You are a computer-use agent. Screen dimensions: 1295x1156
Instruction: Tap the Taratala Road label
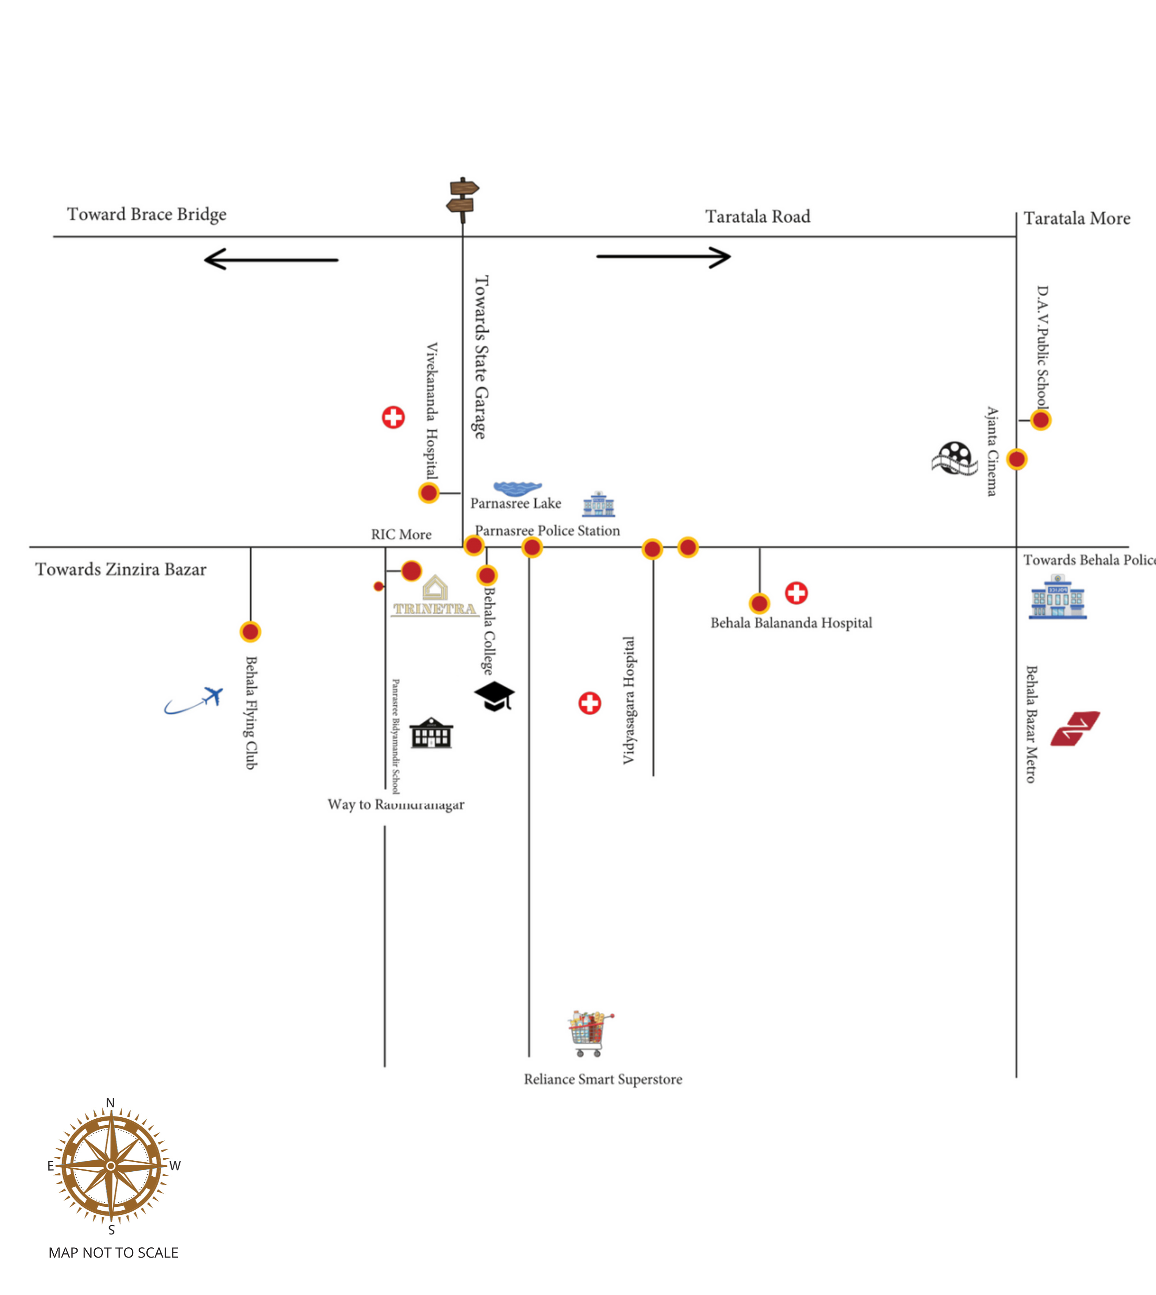pos(758,217)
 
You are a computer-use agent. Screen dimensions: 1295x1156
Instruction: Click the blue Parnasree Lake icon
pos(517,488)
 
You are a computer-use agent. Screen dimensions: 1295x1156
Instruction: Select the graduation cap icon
pos(494,696)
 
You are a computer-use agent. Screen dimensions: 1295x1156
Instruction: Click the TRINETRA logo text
pos(435,609)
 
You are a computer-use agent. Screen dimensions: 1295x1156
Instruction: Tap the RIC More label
pos(401,535)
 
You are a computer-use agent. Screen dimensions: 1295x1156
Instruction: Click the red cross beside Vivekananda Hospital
pos(393,417)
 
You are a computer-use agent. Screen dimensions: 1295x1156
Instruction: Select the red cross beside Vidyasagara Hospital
pos(589,703)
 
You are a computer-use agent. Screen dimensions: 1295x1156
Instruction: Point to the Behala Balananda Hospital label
pos(791,623)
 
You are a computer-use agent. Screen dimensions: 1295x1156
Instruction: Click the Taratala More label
pos(1077,219)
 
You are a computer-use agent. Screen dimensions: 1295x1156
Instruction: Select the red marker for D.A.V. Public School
pos(1040,420)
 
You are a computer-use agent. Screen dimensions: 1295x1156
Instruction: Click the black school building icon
pos(431,734)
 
